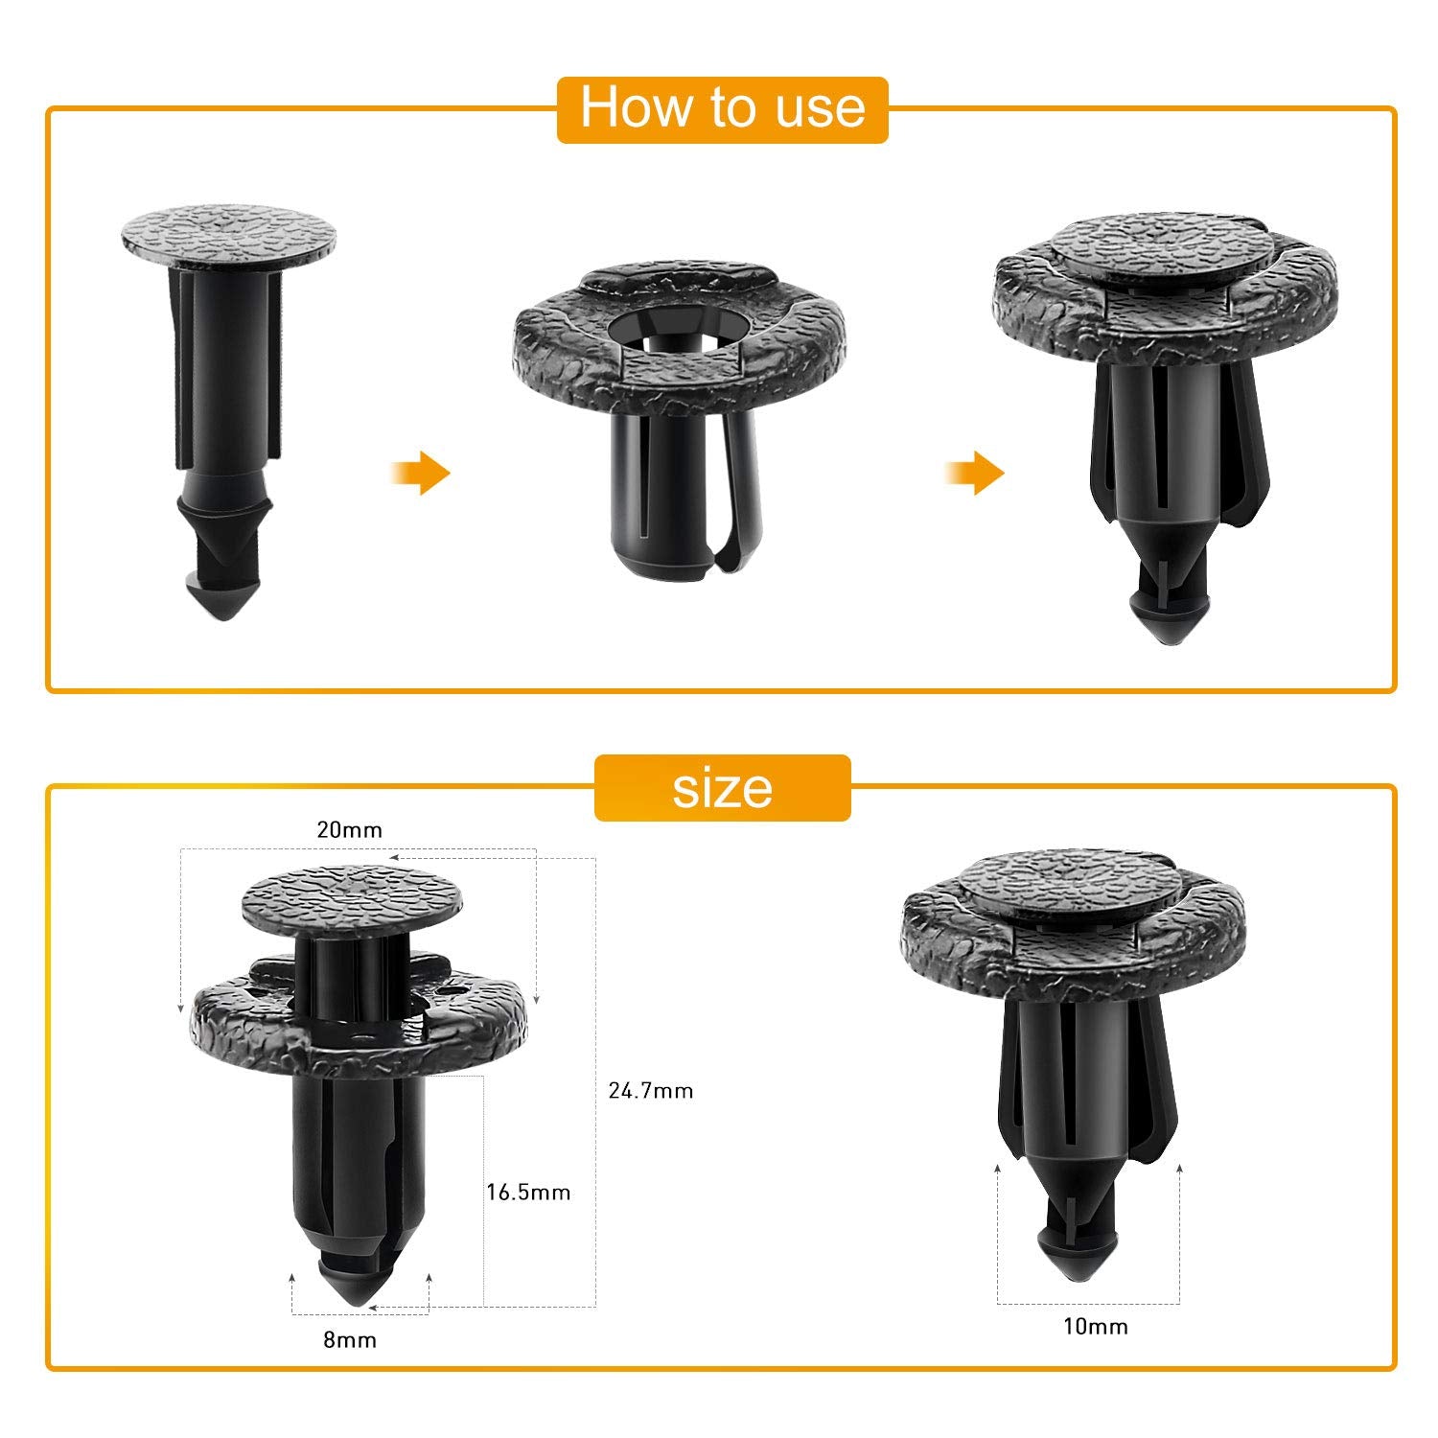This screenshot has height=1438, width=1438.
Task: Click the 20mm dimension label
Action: pyautogui.click(x=349, y=830)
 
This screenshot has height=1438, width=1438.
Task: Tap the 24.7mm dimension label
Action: pyautogui.click(x=650, y=1091)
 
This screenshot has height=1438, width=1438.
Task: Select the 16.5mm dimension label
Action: pyautogui.click(x=528, y=1193)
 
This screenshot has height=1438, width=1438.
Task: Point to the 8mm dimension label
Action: pyautogui.click(x=349, y=1340)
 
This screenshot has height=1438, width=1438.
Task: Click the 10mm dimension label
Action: pyautogui.click(x=1095, y=1327)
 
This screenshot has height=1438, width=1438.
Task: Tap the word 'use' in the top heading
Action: pyautogui.click(x=821, y=107)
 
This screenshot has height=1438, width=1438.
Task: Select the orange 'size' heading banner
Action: pyautogui.click(x=722, y=788)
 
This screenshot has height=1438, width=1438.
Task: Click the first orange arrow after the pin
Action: pyautogui.click(x=422, y=474)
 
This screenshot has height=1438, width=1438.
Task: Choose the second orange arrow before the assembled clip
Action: pyautogui.click(x=976, y=474)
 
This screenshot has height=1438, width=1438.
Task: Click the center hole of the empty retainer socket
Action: pyautogui.click(x=679, y=332)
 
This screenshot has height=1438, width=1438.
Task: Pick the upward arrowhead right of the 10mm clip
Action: pyautogui.click(x=1178, y=1168)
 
